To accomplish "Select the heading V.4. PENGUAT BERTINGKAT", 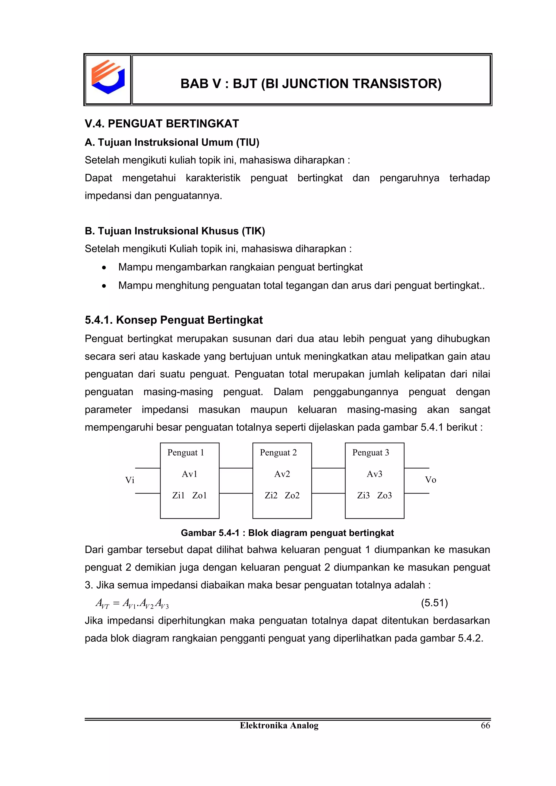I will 162,123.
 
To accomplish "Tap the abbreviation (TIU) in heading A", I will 247,142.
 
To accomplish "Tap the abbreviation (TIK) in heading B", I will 253,231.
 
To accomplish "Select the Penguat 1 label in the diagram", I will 186,453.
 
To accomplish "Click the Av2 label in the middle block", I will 282,474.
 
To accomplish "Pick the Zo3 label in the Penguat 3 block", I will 384,495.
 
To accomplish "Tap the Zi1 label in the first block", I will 178,495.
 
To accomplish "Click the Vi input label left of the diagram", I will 129,480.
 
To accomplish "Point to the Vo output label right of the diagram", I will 430,480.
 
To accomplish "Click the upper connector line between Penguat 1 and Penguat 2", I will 236,468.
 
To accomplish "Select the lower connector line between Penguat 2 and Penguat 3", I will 328,493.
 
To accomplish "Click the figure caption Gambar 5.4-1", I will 287,533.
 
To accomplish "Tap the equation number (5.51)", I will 434,603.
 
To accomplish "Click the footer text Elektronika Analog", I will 279,725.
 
